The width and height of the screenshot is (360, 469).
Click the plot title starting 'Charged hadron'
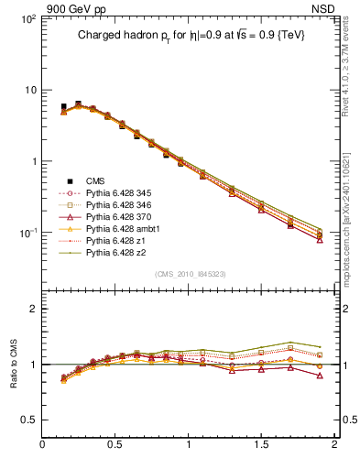[x=190, y=35]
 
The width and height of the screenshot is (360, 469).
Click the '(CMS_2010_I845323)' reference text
[x=189, y=273]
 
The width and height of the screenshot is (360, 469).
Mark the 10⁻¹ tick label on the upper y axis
[x=27, y=234]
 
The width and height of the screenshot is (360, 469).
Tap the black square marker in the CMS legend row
[x=69, y=180]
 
